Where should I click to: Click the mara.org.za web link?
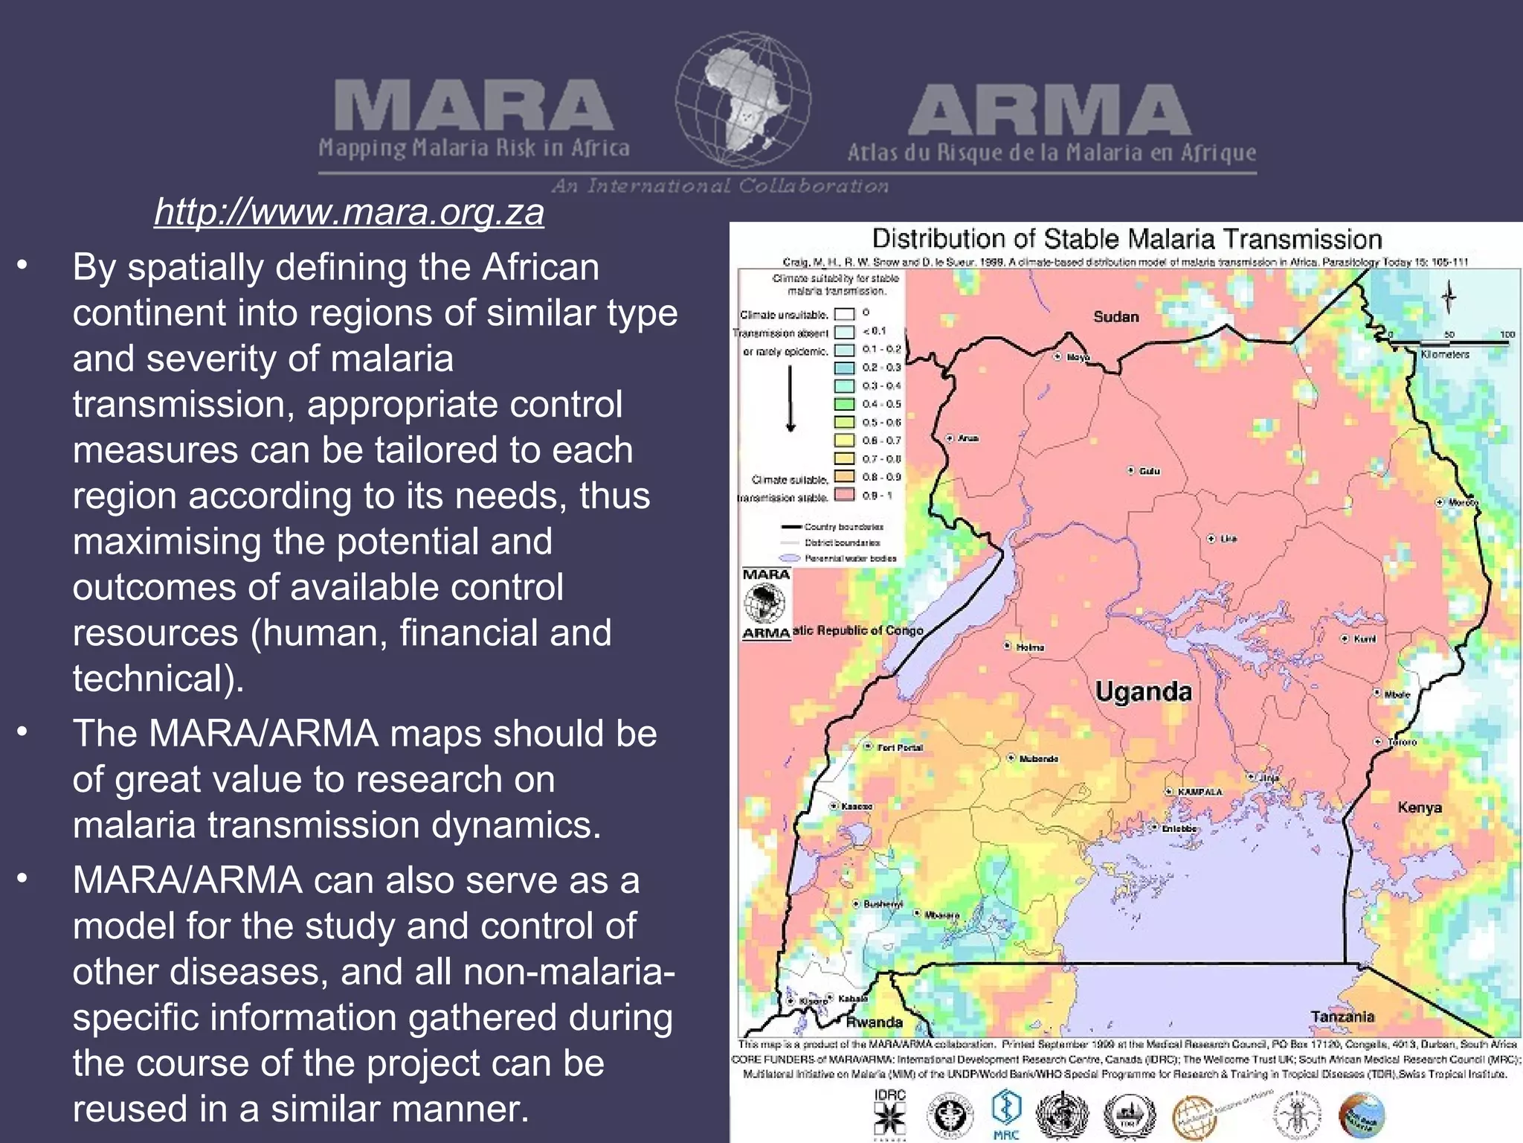349,212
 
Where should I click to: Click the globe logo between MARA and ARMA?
742,100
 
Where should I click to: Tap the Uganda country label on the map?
1143,691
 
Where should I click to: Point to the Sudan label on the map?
1115,316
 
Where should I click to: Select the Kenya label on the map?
1419,807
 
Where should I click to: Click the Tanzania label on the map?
1342,1016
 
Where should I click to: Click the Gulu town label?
1149,471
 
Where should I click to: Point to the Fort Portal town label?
900,747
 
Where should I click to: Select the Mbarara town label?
941,915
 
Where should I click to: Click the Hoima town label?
1030,647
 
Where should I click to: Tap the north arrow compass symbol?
1448,298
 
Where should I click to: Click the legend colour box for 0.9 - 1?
844,495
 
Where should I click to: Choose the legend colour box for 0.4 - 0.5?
844,404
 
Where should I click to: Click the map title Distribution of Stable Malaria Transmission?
1127,239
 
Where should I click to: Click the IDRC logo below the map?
889,1112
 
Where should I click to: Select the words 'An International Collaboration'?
720,186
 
